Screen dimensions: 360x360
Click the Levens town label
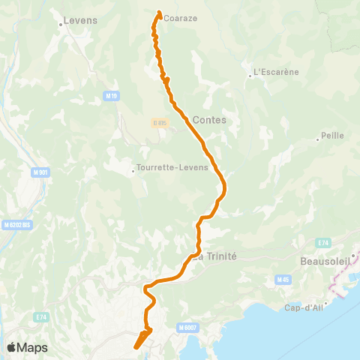[82, 20]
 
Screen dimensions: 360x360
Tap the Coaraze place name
[180, 18]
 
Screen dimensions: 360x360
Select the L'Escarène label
[276, 73]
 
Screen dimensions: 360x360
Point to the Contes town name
[209, 119]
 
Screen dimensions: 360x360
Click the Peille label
[331, 136]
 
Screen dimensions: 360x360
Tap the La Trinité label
[215, 256]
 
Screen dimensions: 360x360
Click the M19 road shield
[112, 96]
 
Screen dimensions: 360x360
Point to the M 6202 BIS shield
[16, 224]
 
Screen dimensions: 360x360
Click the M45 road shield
[282, 280]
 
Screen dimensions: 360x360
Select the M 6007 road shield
[187, 327]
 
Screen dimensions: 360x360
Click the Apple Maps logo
[27, 347]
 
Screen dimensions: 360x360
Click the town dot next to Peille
[318, 137]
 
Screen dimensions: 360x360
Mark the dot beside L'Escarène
[250, 75]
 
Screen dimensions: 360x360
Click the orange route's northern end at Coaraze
[159, 13]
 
